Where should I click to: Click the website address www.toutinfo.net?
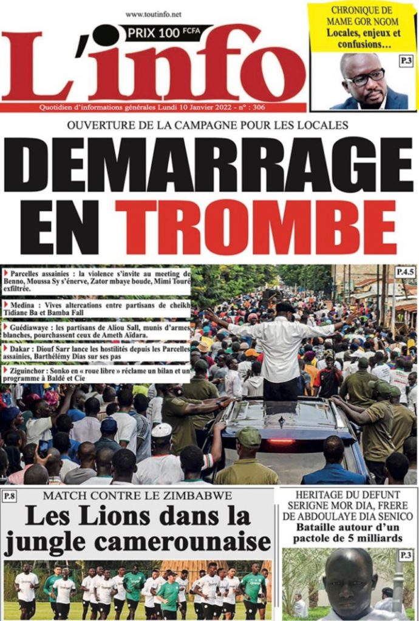[x=153, y=14]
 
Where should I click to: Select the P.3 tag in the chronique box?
[x=406, y=61]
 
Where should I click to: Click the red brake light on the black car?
[x=282, y=441]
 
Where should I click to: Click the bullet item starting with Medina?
[x=97, y=308]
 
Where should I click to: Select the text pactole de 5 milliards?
[x=349, y=538]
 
